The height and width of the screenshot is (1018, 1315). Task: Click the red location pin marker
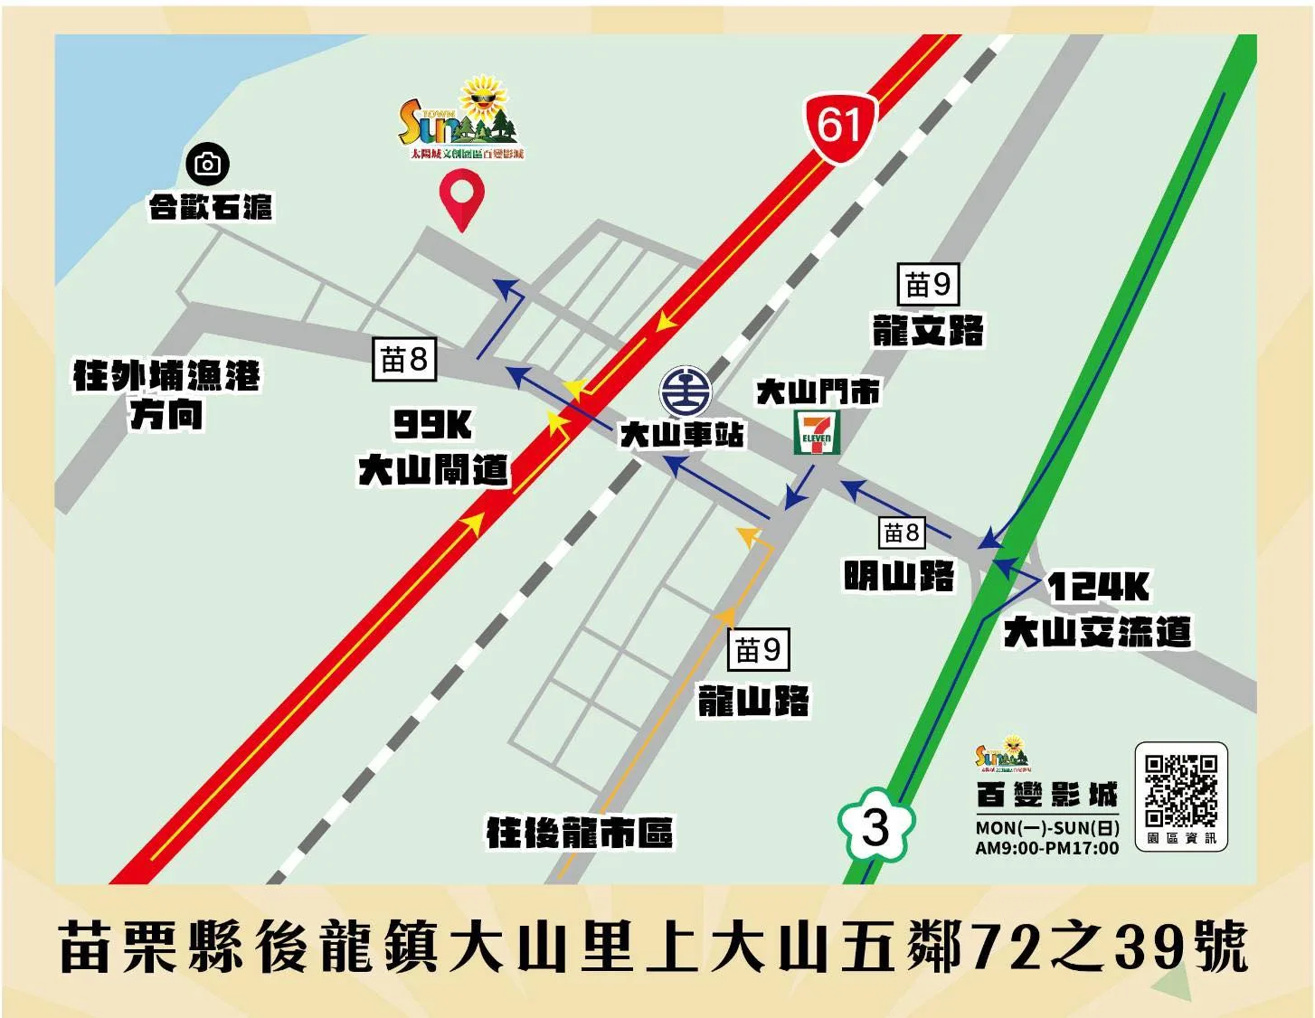point(461,196)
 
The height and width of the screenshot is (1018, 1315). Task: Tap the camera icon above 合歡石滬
point(208,164)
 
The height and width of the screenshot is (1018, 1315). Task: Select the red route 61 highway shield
point(841,126)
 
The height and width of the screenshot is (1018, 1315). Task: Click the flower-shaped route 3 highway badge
point(875,826)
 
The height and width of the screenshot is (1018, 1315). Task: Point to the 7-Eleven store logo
point(817,432)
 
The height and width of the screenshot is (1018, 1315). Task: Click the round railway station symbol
point(686,392)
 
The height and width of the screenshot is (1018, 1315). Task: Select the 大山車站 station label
point(682,435)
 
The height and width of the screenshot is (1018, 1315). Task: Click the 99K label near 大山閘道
point(432,424)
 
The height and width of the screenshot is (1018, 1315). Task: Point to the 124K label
point(1098,588)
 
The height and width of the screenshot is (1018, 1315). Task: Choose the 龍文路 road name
point(928,331)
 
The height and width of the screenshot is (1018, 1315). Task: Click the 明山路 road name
point(899,575)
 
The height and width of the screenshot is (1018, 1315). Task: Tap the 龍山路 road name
point(753,701)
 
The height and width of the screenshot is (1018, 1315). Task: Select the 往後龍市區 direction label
point(580,833)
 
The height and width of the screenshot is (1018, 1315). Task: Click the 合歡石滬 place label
point(211,208)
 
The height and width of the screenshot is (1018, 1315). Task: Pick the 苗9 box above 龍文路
point(928,285)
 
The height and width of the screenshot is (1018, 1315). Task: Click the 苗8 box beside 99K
point(404,360)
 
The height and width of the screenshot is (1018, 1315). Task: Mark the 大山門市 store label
point(818,392)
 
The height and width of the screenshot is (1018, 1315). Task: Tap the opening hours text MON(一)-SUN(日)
point(1047,827)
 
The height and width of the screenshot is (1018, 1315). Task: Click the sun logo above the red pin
point(461,118)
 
